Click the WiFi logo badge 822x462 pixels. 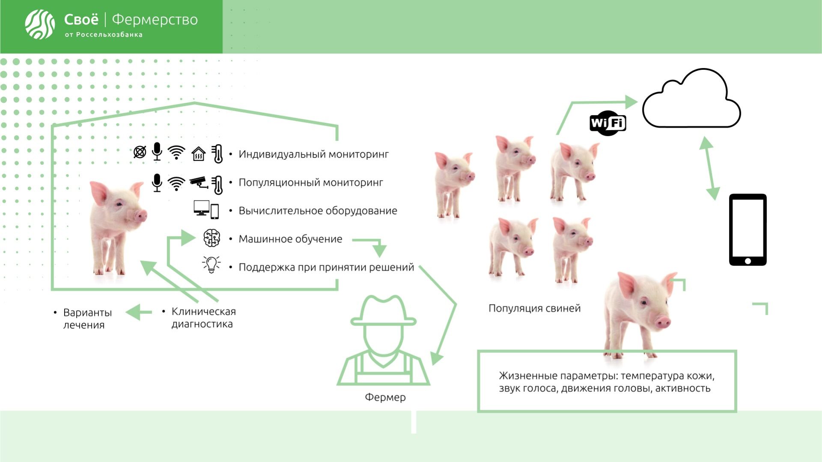tap(608, 123)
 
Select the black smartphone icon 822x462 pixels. tap(748, 230)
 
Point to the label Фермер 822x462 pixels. tap(385, 397)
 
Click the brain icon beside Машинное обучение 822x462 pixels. tap(211, 238)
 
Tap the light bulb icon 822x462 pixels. tap(211, 265)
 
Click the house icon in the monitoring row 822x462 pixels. tap(199, 153)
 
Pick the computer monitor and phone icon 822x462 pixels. tap(206, 210)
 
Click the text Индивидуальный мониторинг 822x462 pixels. tap(313, 154)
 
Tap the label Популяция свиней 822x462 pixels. tap(534, 308)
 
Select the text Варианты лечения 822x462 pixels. tap(87, 319)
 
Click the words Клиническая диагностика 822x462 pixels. tap(203, 318)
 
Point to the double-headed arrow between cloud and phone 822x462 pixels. tap(709, 168)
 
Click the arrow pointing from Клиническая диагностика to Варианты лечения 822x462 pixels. tap(139, 312)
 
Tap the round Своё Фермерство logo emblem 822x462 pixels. tap(40, 24)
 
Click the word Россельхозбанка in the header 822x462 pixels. tap(109, 35)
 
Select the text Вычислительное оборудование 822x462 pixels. tap(318, 211)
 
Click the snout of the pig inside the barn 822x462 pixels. tap(140, 215)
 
